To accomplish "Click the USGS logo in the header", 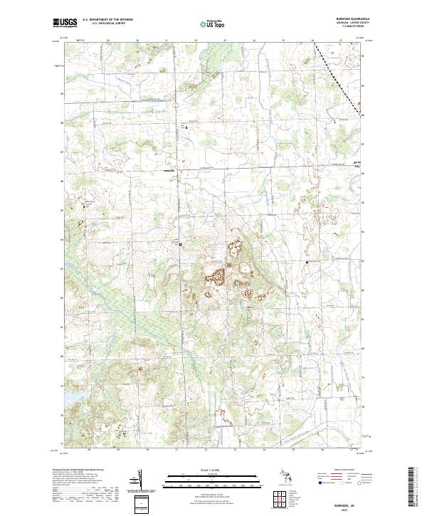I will (63, 23).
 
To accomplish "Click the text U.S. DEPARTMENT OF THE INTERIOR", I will (107, 20).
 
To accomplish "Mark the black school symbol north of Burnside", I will (187, 127).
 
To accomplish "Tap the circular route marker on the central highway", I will (179, 244).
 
